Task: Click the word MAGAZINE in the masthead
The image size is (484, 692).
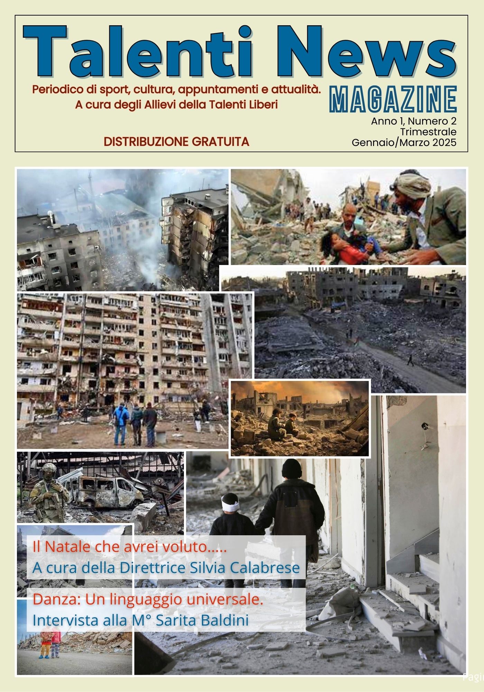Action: point(393,100)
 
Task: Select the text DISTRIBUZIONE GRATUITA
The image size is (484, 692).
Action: point(176,142)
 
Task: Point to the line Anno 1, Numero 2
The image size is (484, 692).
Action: point(413,121)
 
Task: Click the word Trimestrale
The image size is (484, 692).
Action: point(428,132)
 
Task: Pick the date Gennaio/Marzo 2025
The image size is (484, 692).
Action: point(404,142)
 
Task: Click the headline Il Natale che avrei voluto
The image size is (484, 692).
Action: point(129,547)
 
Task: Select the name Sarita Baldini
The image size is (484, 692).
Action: point(202,620)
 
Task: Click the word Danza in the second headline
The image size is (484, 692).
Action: point(54,599)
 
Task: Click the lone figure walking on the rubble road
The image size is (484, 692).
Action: point(410,360)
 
